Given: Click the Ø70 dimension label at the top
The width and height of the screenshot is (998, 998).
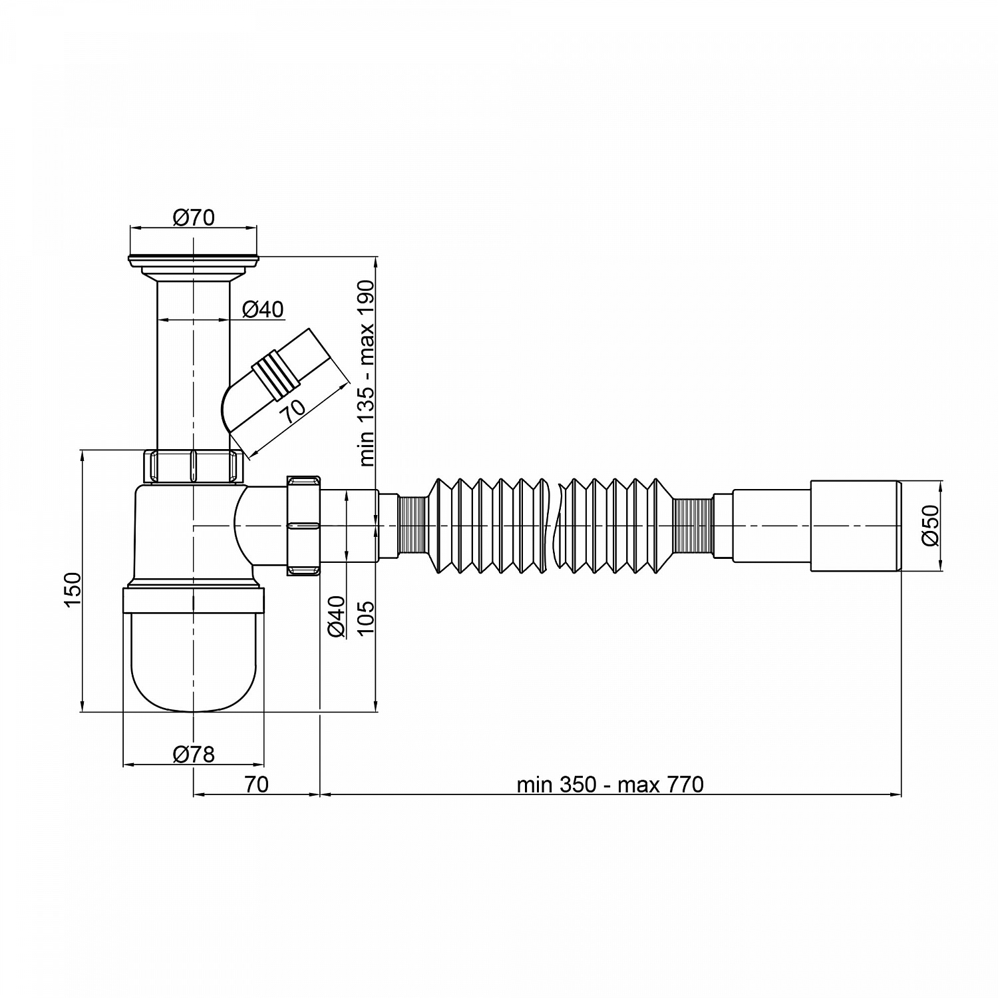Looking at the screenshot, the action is (x=194, y=218).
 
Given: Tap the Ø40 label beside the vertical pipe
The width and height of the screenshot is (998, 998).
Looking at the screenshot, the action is (x=263, y=309).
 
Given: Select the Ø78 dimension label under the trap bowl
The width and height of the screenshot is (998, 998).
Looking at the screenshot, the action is (x=194, y=754).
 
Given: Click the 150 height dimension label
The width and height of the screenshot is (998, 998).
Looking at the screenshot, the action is (x=73, y=588).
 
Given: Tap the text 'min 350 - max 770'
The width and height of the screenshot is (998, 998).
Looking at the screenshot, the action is (x=610, y=785).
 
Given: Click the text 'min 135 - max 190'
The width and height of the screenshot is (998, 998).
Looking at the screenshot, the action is (x=367, y=373).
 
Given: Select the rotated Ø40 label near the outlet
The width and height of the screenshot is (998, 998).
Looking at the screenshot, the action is (x=337, y=617).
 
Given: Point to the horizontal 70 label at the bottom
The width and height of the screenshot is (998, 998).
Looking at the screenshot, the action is (x=256, y=785).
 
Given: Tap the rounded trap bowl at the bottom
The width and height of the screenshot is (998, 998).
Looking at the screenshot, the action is (x=194, y=649).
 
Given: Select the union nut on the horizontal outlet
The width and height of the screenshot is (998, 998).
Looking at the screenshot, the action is (x=303, y=526).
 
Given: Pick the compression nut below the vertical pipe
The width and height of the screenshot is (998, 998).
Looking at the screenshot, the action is (x=194, y=466).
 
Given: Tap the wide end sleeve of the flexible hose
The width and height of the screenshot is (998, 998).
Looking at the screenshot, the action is (x=856, y=526).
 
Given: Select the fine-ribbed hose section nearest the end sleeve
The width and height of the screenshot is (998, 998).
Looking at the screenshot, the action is (x=693, y=526).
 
